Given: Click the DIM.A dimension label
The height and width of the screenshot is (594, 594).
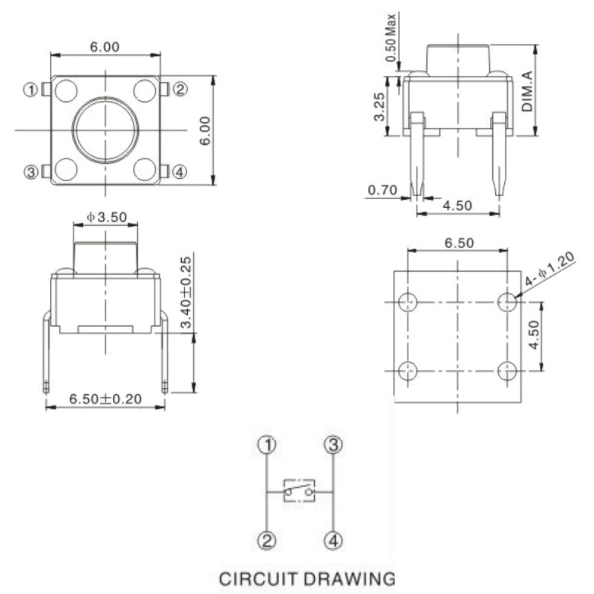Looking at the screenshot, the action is (x=527, y=91).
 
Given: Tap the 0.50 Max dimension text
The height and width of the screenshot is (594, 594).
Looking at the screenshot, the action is (x=391, y=38).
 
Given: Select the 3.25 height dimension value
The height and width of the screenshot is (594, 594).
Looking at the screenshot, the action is (x=379, y=107).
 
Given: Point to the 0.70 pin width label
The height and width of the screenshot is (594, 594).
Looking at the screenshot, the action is (x=382, y=190).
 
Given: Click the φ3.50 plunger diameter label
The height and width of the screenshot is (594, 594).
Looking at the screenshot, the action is (x=106, y=217).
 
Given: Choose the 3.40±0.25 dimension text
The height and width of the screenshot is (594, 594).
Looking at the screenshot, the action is (x=186, y=292).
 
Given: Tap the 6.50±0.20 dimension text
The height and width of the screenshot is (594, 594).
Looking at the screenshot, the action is (x=105, y=399).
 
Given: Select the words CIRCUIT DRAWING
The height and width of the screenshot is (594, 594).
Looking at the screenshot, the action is (x=307, y=579).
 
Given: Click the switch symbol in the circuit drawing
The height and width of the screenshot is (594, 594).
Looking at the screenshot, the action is (x=299, y=491).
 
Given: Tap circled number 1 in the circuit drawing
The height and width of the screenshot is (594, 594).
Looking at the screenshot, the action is (x=267, y=445).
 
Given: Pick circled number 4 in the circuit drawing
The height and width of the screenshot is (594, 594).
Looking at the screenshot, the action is (x=333, y=541).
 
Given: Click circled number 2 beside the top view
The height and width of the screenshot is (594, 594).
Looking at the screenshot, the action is (x=180, y=89).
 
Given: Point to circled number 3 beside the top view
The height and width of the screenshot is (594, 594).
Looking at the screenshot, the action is (x=31, y=172).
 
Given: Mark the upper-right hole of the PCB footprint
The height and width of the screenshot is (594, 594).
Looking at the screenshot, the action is (x=507, y=302).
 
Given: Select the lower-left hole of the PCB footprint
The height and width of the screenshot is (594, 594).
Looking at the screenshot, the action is (x=408, y=371).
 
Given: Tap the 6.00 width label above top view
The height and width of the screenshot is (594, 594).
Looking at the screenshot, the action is (x=105, y=47).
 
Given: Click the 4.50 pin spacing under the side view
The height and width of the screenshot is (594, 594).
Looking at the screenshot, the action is (x=457, y=206).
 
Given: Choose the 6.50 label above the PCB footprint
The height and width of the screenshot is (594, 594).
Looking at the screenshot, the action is (x=459, y=243).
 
